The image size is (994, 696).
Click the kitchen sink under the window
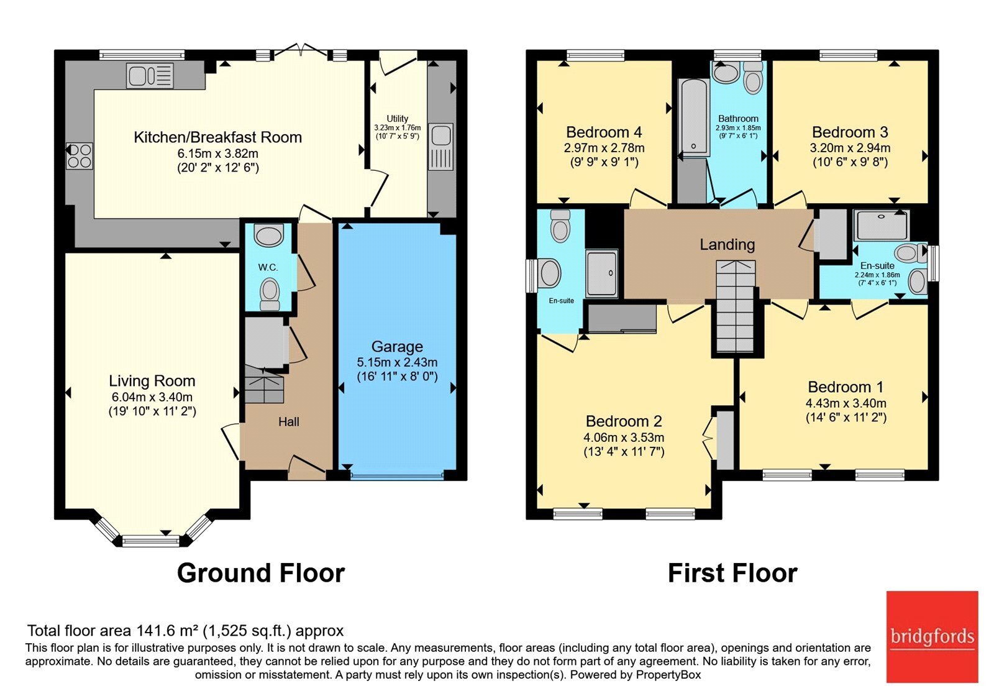[x=150, y=75]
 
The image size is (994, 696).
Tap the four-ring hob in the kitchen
[x=80, y=156]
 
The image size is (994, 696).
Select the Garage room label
[x=397, y=346]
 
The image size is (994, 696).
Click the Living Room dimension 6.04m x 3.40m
[x=152, y=397]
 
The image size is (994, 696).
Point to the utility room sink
[x=441, y=147]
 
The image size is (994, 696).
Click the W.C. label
[x=268, y=267]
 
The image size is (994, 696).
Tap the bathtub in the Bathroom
[x=693, y=117]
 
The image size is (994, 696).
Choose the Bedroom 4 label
[x=604, y=132]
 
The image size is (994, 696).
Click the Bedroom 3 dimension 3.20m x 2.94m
[x=850, y=148]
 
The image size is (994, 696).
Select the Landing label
[x=727, y=244]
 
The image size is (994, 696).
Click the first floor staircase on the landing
[x=736, y=307]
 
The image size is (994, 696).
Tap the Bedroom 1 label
[x=846, y=387]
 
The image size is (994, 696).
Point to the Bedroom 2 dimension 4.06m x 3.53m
[x=624, y=437]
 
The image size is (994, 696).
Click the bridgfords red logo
[x=932, y=636]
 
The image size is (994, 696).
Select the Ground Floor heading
[x=261, y=572]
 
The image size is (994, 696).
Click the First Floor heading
[x=732, y=572]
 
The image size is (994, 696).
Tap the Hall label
[x=289, y=422]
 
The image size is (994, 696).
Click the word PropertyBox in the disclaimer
[x=668, y=675]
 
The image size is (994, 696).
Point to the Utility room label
[x=397, y=119]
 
